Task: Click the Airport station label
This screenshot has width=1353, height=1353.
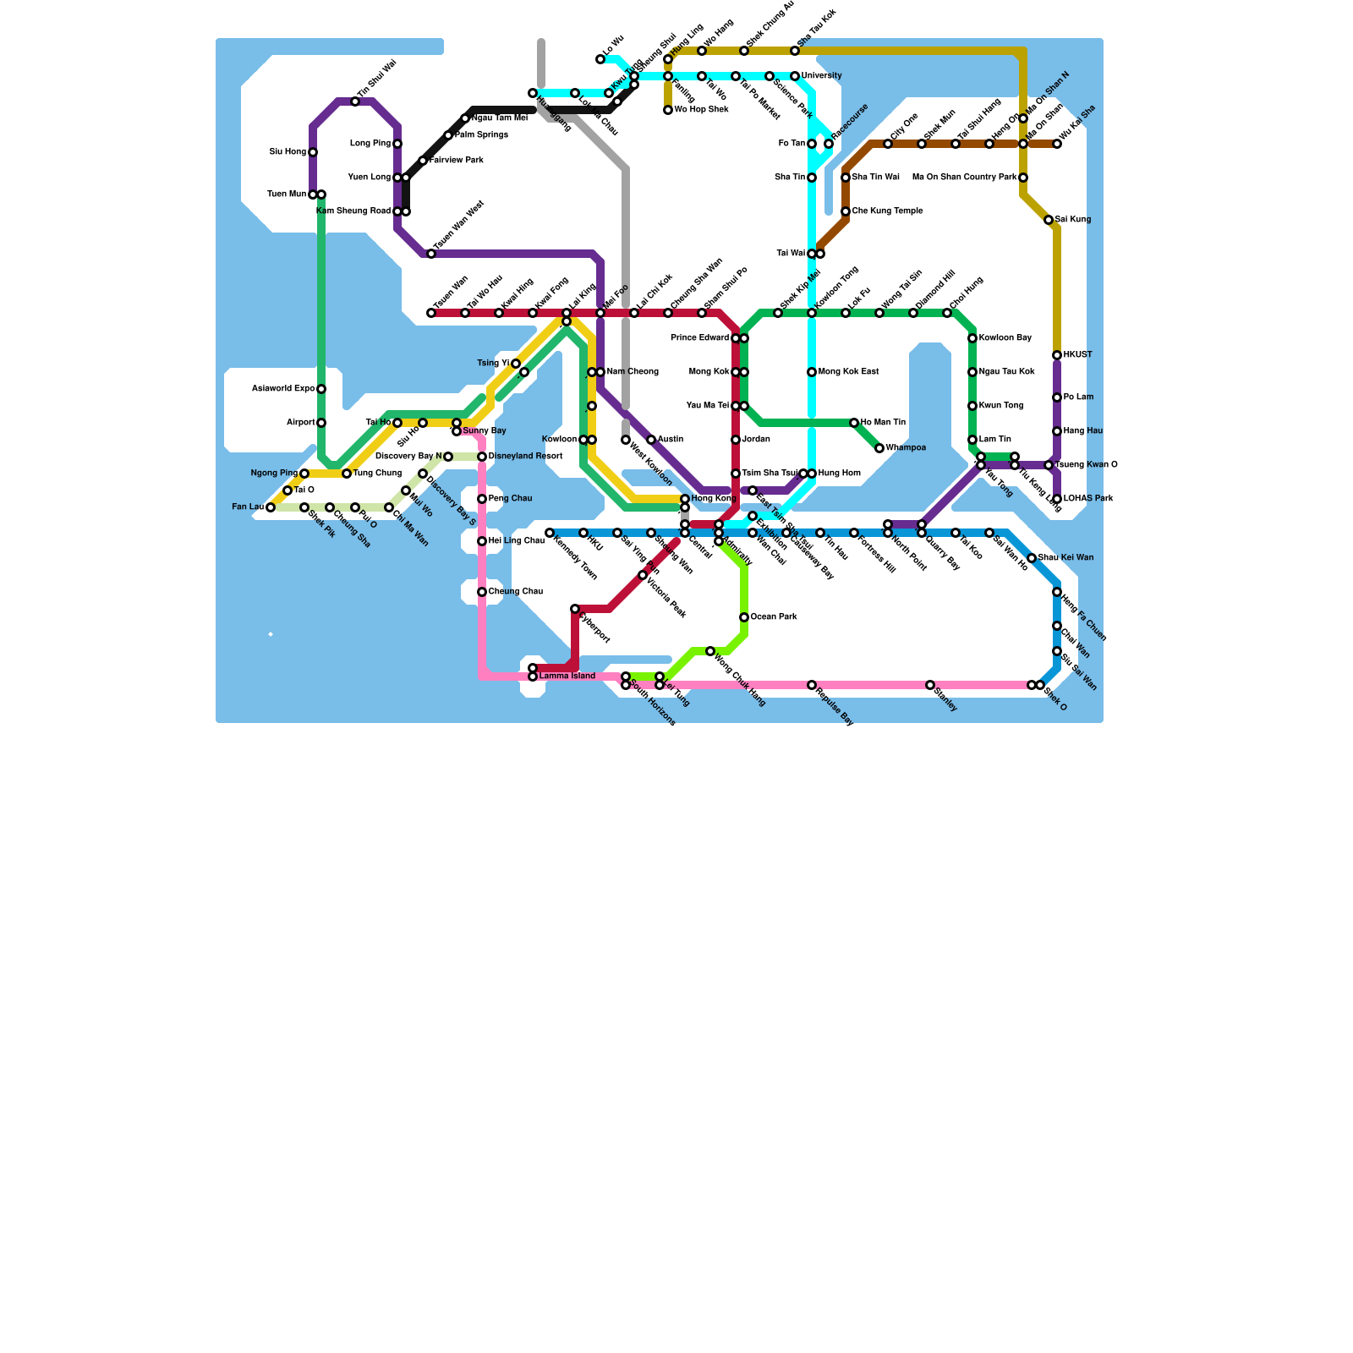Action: pyautogui.click(x=300, y=423)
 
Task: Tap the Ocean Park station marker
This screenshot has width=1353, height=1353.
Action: pyautogui.click(x=744, y=617)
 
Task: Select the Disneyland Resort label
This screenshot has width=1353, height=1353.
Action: pyautogui.click(x=525, y=457)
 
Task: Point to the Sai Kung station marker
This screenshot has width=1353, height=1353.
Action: pyautogui.click(x=1049, y=220)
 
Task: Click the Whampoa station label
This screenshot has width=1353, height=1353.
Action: pyautogui.click(x=906, y=448)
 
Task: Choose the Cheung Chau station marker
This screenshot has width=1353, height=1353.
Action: pyautogui.click(x=482, y=592)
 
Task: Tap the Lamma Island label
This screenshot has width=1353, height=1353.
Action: pyautogui.click(x=567, y=676)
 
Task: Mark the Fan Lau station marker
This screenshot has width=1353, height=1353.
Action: pyautogui.click(x=271, y=507)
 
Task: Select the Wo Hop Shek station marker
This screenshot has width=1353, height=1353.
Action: pyautogui.click(x=668, y=110)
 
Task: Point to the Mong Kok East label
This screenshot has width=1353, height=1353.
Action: pyautogui.click(x=849, y=372)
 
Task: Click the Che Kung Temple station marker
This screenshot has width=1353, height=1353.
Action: pyautogui.click(x=846, y=211)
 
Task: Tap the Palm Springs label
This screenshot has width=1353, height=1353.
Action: pyautogui.click(x=481, y=135)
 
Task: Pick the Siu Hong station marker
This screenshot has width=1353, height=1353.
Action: pyautogui.click(x=313, y=152)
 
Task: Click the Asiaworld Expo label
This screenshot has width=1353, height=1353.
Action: pyautogui.click(x=283, y=389)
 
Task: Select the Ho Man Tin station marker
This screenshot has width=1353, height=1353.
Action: pyautogui.click(x=854, y=423)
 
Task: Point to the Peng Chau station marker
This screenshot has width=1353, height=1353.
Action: pyautogui.click(x=482, y=499)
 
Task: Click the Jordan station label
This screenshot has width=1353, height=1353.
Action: pyautogui.click(x=756, y=440)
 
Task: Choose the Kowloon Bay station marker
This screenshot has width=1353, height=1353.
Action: pyautogui.click(x=972, y=338)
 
